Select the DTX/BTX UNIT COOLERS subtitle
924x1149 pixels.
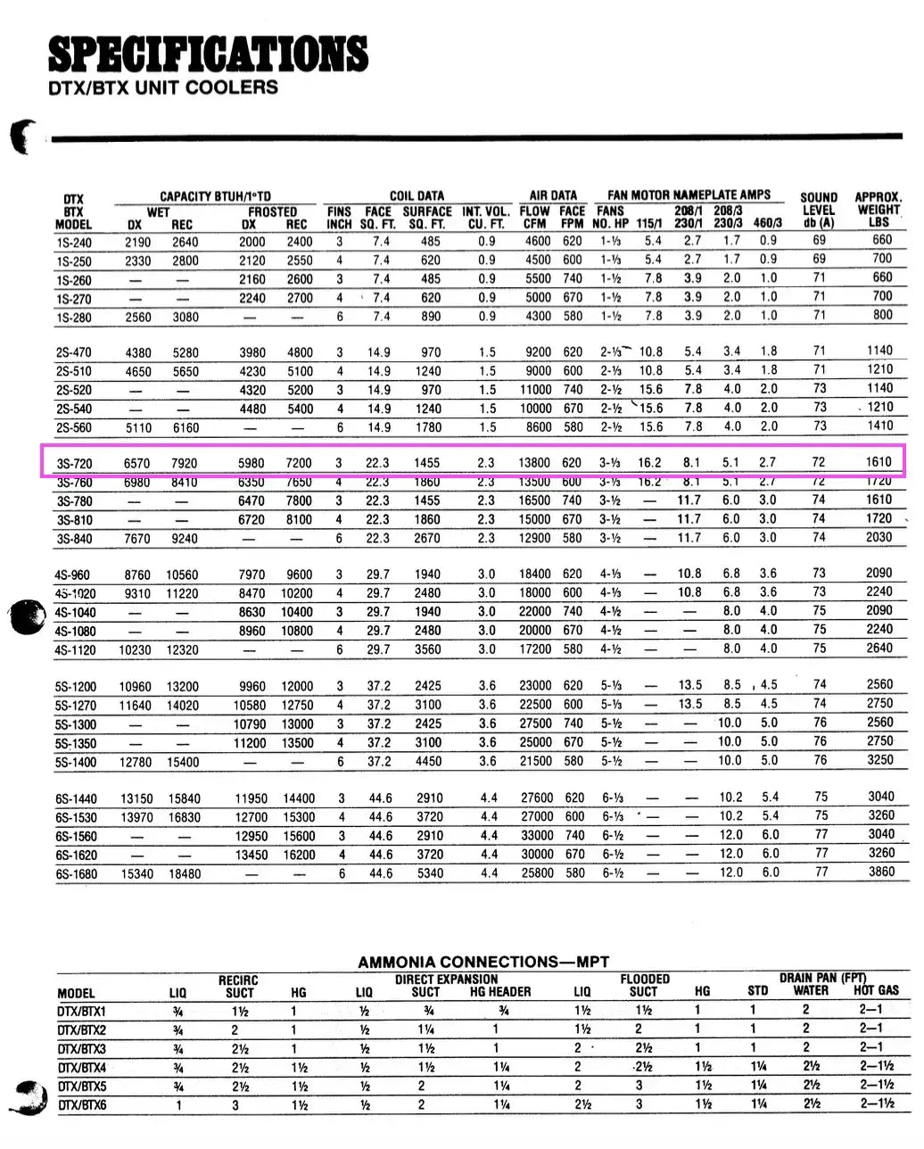(162, 87)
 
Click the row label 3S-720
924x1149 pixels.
(75, 464)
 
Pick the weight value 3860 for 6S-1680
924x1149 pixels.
(880, 872)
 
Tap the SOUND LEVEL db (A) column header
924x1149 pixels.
(818, 211)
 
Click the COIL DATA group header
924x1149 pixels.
(417, 195)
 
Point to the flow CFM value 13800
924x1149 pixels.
(534, 463)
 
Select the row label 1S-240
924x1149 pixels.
(73, 242)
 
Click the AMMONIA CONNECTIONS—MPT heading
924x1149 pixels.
(483, 962)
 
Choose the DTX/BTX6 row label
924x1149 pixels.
(81, 1105)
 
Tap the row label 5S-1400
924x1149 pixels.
(75, 763)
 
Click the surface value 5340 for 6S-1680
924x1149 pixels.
(430, 873)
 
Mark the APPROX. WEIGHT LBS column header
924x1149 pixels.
(878, 210)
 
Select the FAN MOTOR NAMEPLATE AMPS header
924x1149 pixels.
(689, 194)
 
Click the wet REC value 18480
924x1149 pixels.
(185, 874)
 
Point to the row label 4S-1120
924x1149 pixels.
(75, 650)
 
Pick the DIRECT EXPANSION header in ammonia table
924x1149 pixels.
(446, 979)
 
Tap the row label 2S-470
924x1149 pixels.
(73, 352)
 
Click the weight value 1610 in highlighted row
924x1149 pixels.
(878, 462)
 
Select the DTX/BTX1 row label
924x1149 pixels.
(81, 1012)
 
